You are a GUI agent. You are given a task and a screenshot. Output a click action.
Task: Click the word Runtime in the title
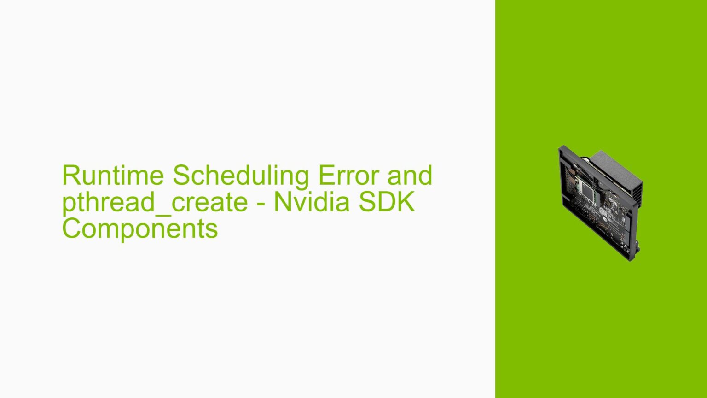point(113,176)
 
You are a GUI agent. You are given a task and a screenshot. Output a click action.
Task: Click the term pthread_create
point(155,202)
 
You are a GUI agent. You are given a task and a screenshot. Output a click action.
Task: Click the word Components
point(140,228)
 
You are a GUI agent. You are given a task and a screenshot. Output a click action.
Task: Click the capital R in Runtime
point(70,176)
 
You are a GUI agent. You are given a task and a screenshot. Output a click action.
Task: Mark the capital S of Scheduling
point(180,176)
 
